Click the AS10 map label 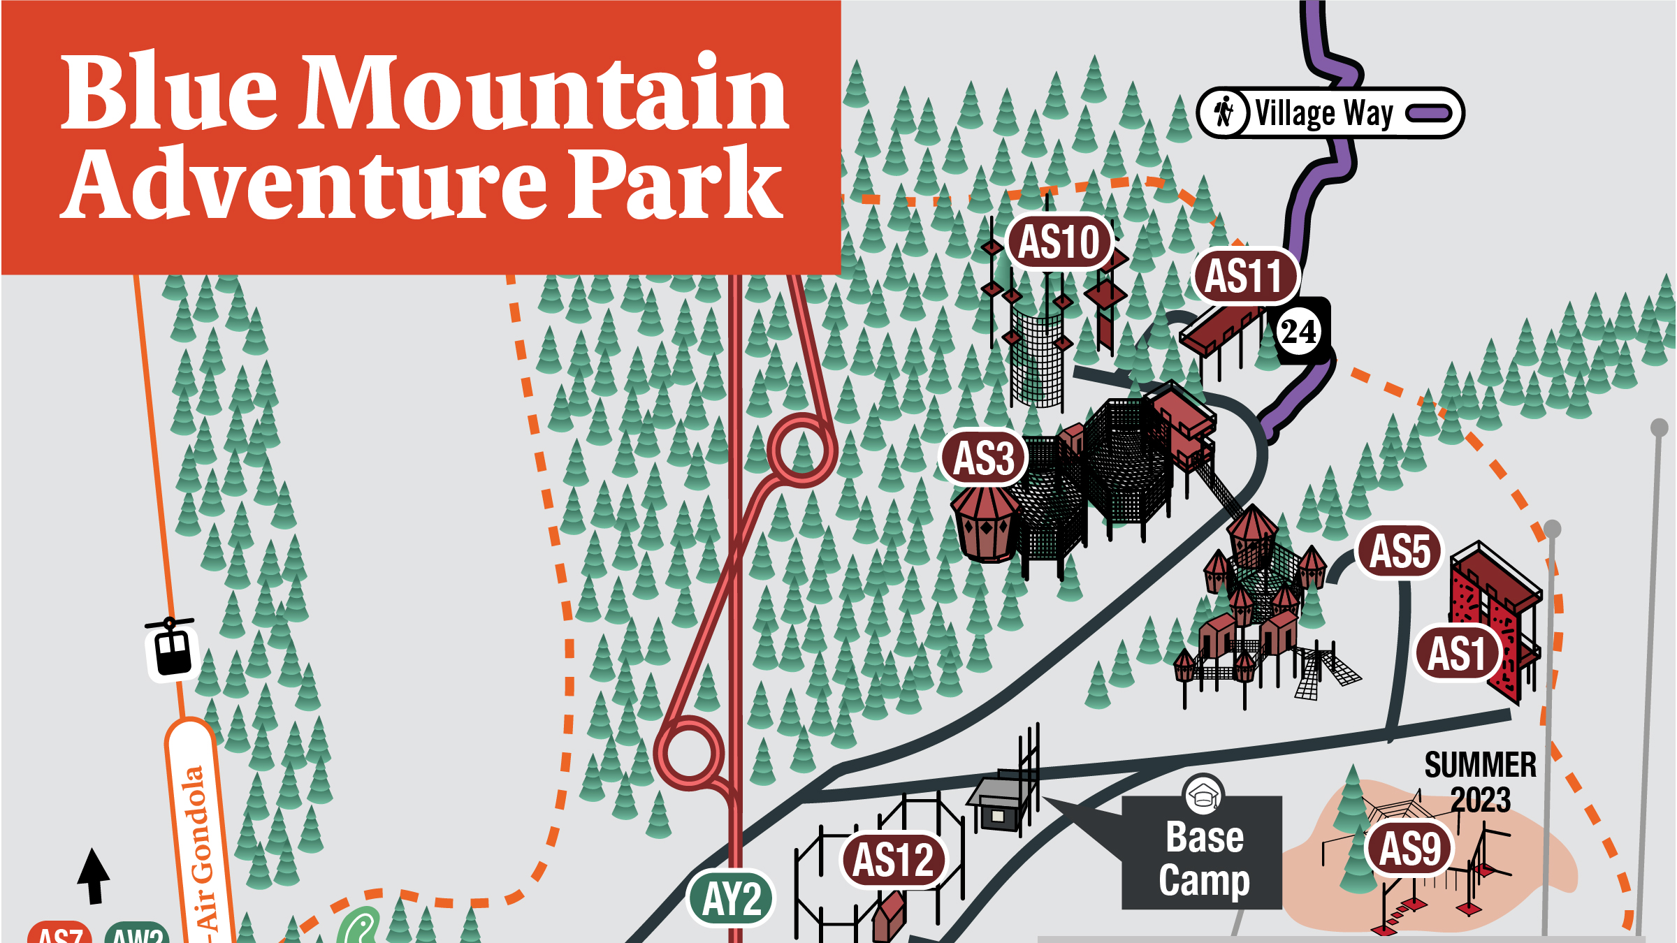click(x=1059, y=242)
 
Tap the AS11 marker click(x=1244, y=276)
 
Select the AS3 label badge click(x=984, y=458)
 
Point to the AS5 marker click(x=1400, y=551)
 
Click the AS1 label click(x=1457, y=654)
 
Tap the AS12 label click(x=893, y=859)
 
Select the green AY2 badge click(x=732, y=898)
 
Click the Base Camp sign click(x=1203, y=858)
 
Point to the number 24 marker click(x=1298, y=331)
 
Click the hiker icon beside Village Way click(x=1223, y=112)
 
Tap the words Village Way click(x=1324, y=113)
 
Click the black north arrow click(x=94, y=875)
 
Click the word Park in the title click(x=674, y=183)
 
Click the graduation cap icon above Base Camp click(x=1203, y=795)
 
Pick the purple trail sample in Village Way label click(x=1429, y=113)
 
